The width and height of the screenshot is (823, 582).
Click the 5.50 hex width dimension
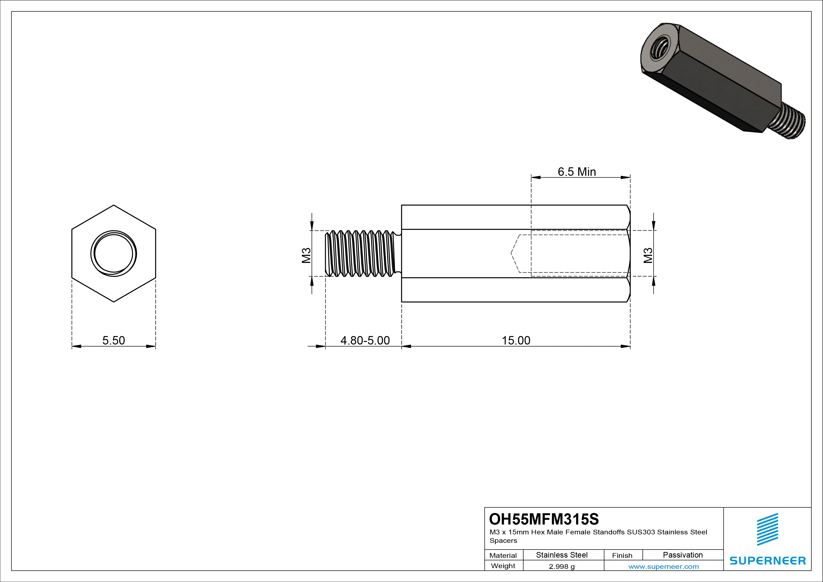[114, 340]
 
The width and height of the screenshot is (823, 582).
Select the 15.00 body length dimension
[516, 340]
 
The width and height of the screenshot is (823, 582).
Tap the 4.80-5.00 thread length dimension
[365, 340]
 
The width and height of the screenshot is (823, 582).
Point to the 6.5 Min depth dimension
[577, 172]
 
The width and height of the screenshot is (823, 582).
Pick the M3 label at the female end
[648, 255]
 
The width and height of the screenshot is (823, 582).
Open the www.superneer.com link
[663, 567]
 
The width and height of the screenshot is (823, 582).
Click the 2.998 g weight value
[562, 567]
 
